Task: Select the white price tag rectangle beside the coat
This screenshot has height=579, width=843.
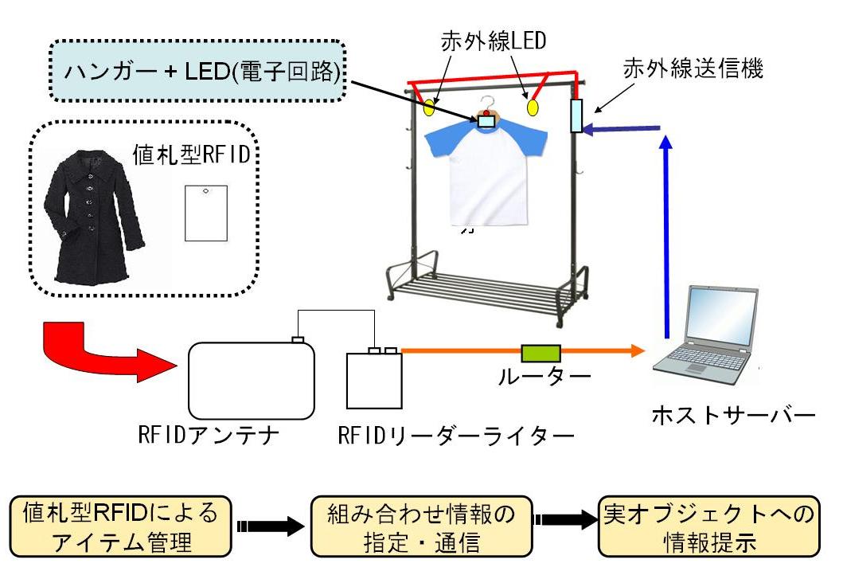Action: (x=206, y=213)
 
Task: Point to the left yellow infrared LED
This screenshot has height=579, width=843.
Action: (x=431, y=106)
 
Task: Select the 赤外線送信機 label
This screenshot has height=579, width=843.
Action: (x=694, y=70)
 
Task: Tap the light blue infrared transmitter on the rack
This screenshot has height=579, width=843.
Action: (x=576, y=115)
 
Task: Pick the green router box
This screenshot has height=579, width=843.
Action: (x=541, y=351)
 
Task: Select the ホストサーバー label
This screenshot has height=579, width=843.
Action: (x=733, y=414)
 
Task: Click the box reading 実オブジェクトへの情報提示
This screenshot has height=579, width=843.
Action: (x=707, y=527)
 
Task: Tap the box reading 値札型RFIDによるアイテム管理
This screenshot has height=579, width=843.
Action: (x=121, y=527)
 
